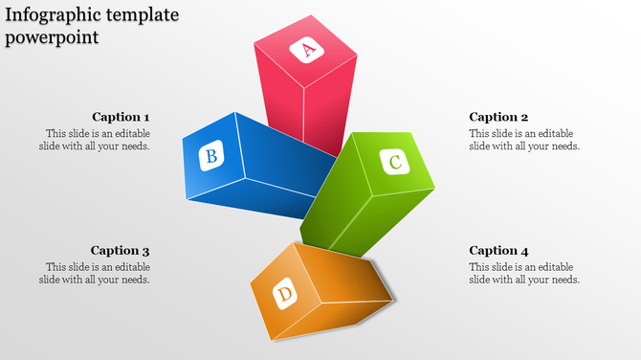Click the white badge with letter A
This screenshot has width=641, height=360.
(308, 50)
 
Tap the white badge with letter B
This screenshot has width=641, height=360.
(211, 156)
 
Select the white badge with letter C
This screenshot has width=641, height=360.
(395, 162)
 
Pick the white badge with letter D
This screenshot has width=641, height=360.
(284, 295)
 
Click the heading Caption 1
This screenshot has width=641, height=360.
(121, 117)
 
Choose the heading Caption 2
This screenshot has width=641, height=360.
(498, 117)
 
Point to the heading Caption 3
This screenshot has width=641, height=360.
(121, 251)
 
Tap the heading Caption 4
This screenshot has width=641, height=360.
(498, 251)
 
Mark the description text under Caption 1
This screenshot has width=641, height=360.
(96, 140)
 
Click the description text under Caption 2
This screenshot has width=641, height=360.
(524, 140)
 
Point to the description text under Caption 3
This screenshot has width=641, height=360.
(96, 273)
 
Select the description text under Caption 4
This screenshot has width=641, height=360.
(524, 273)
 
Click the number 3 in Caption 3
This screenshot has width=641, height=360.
(146, 251)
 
